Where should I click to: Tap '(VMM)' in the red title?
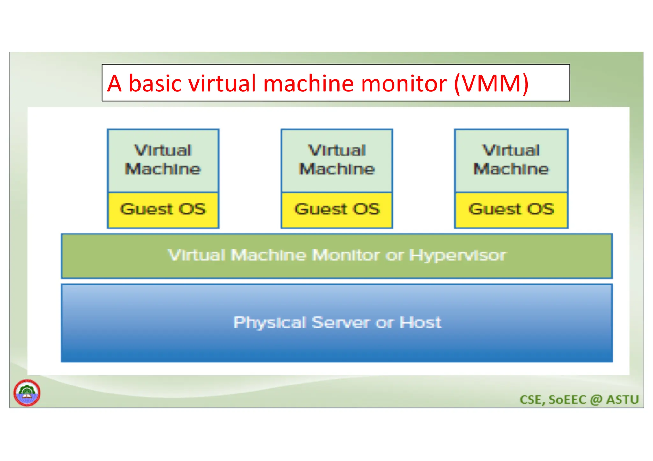(491, 83)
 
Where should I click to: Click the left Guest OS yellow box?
(163, 210)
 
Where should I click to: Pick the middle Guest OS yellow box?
(337, 210)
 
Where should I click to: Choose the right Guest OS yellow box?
(511, 210)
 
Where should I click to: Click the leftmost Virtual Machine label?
(163, 160)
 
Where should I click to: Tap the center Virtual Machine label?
(337, 160)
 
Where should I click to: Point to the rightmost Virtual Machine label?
(511, 160)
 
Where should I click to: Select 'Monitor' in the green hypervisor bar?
(346, 255)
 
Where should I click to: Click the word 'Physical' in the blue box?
(270, 323)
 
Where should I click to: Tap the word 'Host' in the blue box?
(421, 322)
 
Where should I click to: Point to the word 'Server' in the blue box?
(341, 322)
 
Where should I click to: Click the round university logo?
(27, 393)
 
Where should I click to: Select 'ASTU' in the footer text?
(622, 400)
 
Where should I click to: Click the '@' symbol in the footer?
(596, 400)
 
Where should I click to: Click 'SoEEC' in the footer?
(568, 400)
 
